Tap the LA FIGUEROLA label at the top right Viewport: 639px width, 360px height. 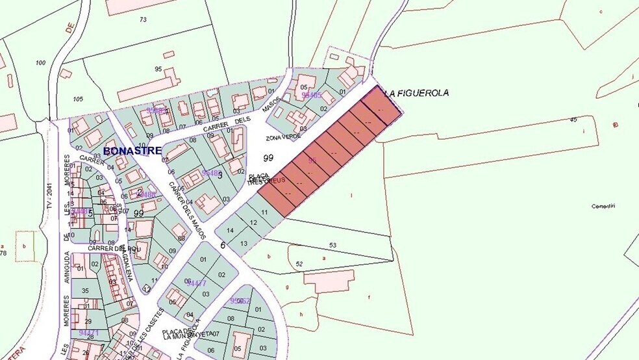tap(416, 94)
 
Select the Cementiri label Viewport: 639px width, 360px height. tap(603, 206)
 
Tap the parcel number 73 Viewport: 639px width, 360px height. tap(143, 20)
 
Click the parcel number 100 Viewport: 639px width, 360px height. tap(41, 62)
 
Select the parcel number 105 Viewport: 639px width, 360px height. tap(78, 99)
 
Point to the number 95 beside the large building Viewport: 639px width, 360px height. tap(158, 69)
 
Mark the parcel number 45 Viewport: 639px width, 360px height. tap(573, 120)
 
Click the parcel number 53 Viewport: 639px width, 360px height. tap(332, 245)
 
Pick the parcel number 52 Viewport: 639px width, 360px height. tap(299, 263)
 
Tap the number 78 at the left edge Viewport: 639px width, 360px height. tap(3, 253)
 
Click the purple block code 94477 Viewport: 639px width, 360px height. tap(196, 283)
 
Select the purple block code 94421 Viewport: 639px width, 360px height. tap(88, 333)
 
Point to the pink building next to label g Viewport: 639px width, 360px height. tap(329, 281)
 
